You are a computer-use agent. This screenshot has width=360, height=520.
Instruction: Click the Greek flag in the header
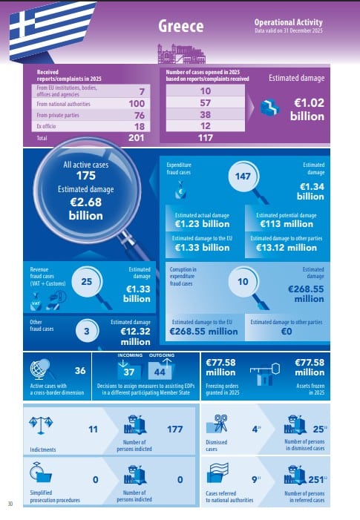click(x=50, y=30)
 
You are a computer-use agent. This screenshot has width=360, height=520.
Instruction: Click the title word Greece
click(x=181, y=26)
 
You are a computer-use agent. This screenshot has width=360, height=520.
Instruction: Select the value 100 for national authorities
click(x=137, y=104)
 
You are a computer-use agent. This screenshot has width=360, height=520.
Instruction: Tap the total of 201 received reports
click(x=137, y=138)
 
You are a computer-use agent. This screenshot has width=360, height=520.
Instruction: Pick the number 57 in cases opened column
click(x=206, y=103)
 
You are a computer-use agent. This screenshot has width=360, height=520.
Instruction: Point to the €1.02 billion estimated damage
click(x=307, y=110)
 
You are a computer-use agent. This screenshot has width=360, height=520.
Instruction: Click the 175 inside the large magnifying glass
click(x=86, y=176)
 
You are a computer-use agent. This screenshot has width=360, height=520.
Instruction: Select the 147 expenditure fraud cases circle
click(x=243, y=176)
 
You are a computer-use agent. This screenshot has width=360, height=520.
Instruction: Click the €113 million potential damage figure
click(x=287, y=224)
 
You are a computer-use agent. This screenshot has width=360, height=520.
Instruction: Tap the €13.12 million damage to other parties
click(x=287, y=248)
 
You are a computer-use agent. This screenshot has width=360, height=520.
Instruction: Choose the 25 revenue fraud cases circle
click(x=87, y=282)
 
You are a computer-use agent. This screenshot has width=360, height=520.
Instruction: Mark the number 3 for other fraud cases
click(x=87, y=331)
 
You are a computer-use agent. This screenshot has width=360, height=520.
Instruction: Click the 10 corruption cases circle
click(x=243, y=282)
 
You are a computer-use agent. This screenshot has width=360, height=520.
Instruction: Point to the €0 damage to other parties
click(x=287, y=332)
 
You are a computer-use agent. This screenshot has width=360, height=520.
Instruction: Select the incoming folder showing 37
click(x=129, y=369)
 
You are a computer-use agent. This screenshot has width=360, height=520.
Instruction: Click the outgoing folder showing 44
click(x=160, y=369)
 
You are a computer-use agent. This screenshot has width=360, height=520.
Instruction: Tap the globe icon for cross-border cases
click(x=39, y=369)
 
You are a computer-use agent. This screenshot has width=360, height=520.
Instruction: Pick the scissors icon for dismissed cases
click(x=217, y=424)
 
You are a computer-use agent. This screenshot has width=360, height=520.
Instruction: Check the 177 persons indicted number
click(x=175, y=430)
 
